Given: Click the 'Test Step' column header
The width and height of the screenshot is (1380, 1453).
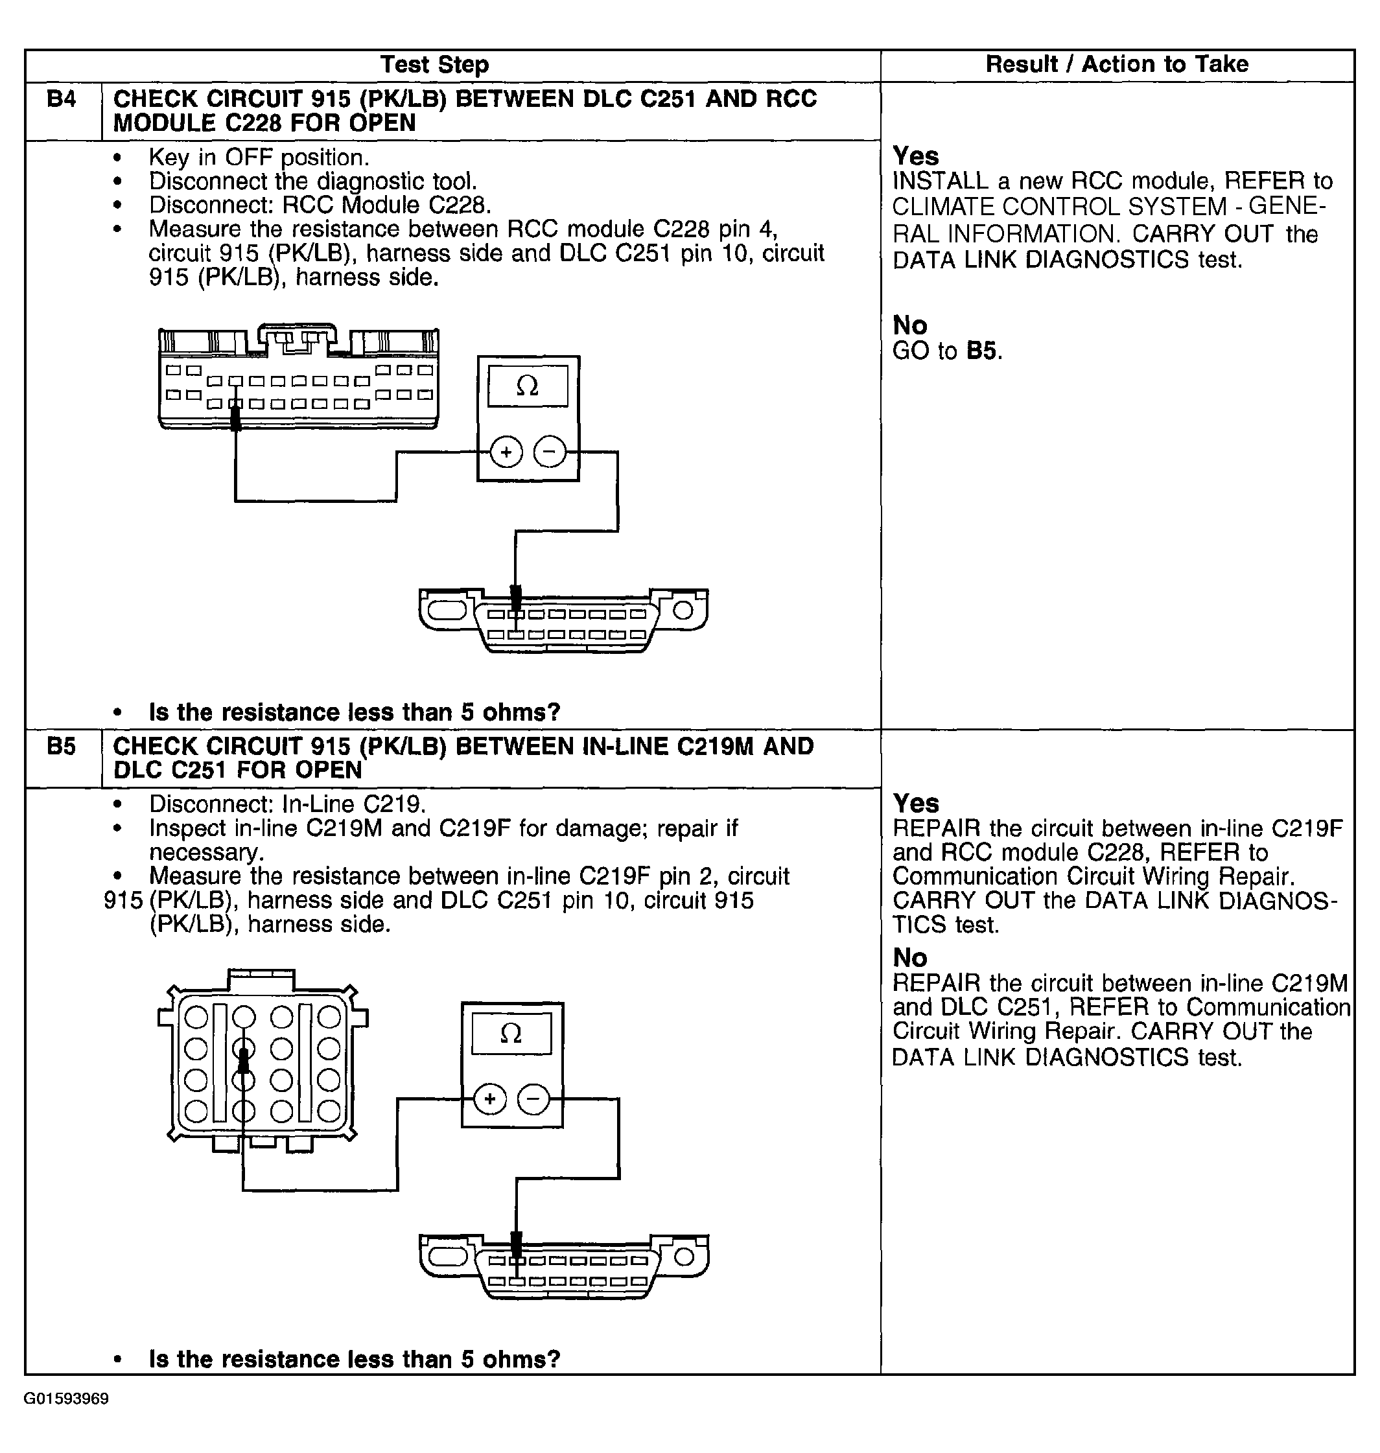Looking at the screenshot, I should coord(434,65).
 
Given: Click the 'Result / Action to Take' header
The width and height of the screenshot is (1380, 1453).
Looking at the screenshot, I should coord(1116,65).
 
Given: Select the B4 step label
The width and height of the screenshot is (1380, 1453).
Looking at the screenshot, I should coord(61,99).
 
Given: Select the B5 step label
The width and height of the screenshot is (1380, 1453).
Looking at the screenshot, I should coord(61,747).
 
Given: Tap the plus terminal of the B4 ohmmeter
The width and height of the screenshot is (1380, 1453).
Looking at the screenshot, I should coord(506,452).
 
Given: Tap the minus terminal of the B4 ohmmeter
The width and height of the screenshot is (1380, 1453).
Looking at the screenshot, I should coord(550,452).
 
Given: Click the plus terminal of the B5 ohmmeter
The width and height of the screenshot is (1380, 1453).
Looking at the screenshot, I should coord(490,1099).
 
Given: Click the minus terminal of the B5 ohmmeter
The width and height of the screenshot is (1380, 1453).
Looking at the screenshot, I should coord(534,1099).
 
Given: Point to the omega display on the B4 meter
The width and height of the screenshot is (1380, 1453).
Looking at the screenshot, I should coord(528,386).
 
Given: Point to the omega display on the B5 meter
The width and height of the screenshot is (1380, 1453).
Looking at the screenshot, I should coord(511,1033).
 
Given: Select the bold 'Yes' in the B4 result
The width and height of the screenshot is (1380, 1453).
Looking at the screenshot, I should coord(915,156).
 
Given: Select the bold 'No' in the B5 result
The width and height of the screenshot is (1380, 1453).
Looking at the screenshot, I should coord(909,957).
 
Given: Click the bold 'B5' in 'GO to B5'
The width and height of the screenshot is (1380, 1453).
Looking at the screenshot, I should coord(982,351).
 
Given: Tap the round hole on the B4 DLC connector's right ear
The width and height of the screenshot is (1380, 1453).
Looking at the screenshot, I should coord(683,610).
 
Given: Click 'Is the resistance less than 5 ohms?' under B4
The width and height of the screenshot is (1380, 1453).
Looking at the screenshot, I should coord(354,712).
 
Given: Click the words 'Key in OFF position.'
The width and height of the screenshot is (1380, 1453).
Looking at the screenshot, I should coord(259,157).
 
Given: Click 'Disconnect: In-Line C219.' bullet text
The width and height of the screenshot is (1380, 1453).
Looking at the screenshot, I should coord(288,804).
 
